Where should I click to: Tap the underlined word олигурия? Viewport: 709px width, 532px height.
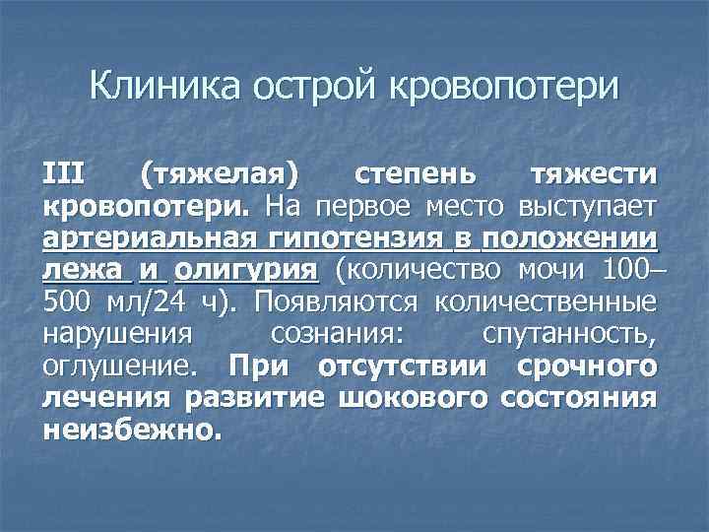[247, 271]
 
